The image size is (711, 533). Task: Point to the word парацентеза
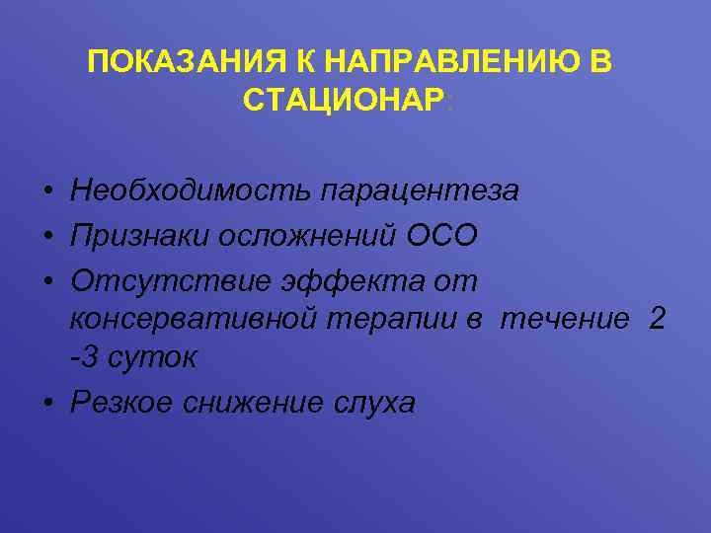tap(417, 190)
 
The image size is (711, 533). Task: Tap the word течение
tap(565, 319)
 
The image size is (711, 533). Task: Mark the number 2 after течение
tap(657, 319)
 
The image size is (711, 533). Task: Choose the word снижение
tap(261, 403)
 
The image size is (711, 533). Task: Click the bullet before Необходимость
tap(47, 190)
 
